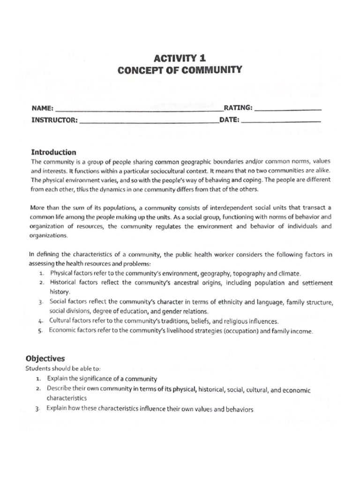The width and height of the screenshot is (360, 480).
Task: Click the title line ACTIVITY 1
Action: (180, 59)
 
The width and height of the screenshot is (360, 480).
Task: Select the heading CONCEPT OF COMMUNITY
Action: (180, 70)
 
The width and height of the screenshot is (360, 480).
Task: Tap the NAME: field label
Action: (43, 108)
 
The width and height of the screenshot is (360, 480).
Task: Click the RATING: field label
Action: (238, 107)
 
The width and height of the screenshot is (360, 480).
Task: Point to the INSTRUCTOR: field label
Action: (54, 120)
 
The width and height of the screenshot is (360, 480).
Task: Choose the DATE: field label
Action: (229, 120)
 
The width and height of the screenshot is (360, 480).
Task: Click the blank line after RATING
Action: (288, 109)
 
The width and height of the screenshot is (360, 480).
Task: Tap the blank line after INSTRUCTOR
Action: (149, 121)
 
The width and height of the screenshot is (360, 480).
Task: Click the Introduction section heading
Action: (53, 152)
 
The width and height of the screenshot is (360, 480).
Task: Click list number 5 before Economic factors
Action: (42, 331)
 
